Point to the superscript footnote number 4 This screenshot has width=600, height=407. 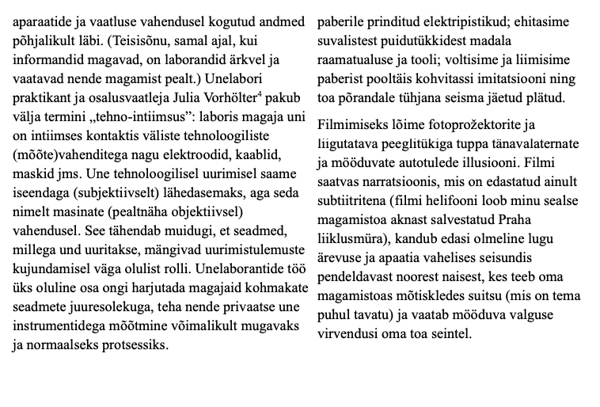pos(282,95)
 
